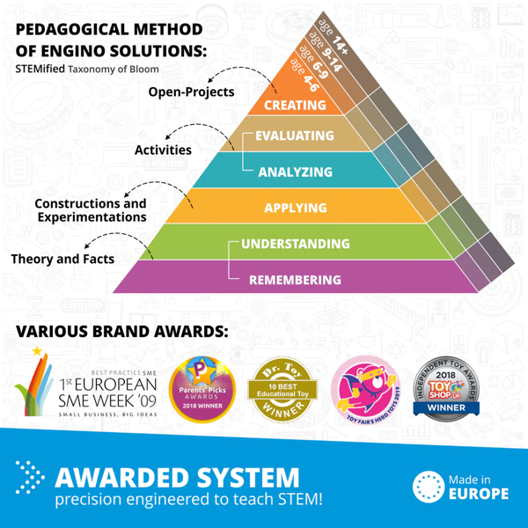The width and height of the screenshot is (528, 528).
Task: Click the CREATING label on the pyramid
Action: (x=295, y=106)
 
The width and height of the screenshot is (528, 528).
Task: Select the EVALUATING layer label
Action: (x=294, y=136)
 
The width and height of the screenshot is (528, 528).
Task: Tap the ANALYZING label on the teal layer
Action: (x=295, y=172)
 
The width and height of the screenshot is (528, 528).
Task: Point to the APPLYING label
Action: (x=295, y=209)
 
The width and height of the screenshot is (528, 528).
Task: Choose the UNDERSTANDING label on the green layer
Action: (x=295, y=244)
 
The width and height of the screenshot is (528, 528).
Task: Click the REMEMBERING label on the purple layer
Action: (x=295, y=281)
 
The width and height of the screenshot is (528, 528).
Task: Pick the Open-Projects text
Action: (x=191, y=92)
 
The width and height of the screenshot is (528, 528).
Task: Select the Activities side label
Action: (x=163, y=150)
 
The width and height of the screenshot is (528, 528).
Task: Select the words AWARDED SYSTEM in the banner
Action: (x=176, y=478)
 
